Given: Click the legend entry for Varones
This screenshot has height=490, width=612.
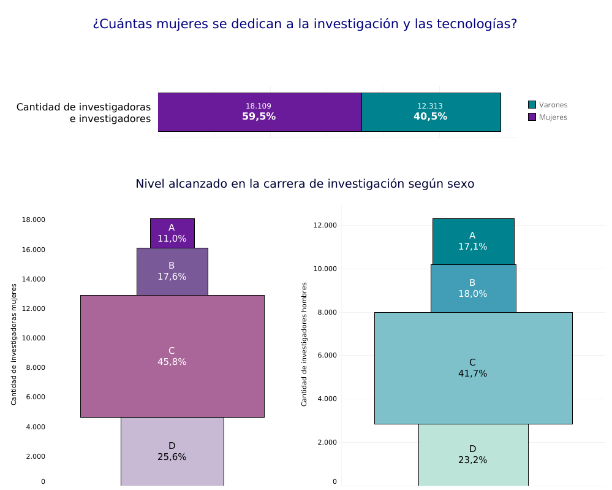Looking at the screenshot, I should [548, 105].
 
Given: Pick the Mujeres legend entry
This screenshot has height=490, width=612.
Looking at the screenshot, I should [548, 117].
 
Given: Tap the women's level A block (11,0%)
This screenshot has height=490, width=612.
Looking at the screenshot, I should [172, 233].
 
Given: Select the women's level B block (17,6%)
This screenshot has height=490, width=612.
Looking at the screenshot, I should [172, 271].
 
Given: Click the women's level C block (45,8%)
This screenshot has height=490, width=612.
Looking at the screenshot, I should [172, 356].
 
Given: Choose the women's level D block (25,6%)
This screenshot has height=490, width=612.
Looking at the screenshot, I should [172, 451].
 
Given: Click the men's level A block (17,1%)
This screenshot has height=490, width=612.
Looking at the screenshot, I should [473, 241].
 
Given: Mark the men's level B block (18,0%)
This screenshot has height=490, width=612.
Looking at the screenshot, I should [473, 288].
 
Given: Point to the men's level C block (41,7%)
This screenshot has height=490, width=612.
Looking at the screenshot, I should [473, 368].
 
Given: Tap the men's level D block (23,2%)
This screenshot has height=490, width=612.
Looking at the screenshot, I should [473, 454].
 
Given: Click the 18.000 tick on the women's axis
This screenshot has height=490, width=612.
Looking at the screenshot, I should [34, 220].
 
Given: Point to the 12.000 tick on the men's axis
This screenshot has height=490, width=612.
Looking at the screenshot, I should [325, 225].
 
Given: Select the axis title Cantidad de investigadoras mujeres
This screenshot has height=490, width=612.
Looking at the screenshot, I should [14, 344].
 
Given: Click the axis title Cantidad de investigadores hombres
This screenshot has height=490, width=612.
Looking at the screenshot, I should [304, 344].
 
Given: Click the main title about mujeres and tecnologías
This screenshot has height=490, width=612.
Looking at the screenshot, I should [305, 24].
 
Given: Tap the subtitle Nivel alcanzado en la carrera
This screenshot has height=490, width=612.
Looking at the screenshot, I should [305, 183].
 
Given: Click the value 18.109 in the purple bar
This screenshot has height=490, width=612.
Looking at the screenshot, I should [259, 106].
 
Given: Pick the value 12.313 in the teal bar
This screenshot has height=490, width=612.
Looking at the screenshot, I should [430, 106].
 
